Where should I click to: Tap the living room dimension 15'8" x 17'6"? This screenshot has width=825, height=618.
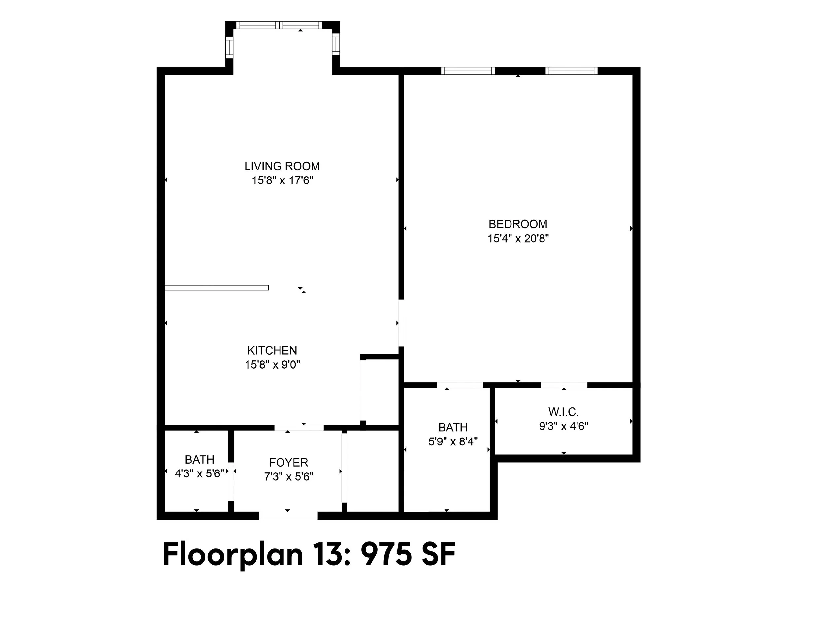point(282,180)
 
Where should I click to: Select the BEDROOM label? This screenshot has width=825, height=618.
point(518,224)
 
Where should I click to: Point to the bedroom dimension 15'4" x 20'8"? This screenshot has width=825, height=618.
point(518,238)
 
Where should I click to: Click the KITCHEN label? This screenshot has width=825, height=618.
point(272,351)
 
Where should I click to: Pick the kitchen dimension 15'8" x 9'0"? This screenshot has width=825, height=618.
point(272,365)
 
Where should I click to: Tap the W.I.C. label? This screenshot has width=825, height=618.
point(563,412)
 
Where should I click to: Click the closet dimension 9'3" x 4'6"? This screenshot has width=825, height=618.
point(564,426)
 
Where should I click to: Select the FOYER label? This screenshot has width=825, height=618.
point(289,463)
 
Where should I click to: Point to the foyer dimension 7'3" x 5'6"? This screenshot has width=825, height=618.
point(289,477)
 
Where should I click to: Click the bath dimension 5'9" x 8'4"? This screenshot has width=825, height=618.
point(453,441)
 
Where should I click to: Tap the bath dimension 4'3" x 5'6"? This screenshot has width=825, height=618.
point(200,474)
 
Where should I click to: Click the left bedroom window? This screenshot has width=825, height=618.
point(468,71)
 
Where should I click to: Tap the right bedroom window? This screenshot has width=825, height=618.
point(571,71)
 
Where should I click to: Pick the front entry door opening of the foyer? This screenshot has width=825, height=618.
point(288,516)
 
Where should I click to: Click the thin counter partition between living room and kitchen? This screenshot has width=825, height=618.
point(217,288)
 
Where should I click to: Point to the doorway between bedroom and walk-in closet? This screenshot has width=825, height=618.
point(564,385)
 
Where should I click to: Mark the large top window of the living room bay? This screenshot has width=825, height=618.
point(280,25)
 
